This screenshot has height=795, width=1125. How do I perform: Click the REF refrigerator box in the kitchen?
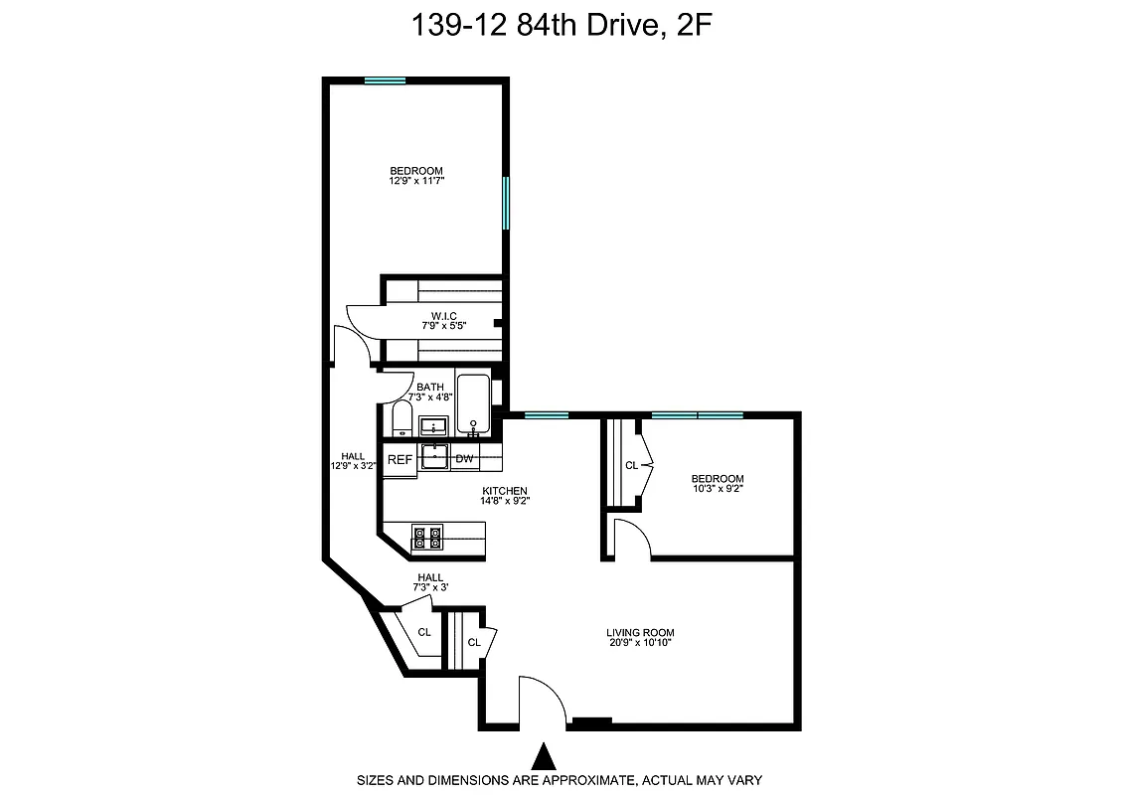pos(400,459)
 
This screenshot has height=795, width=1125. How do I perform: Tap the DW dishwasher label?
pos(464,459)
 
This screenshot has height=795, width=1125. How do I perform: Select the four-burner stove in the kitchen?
pos(427,538)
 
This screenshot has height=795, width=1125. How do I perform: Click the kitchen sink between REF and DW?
pos(434,457)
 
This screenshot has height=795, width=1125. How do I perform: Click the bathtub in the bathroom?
pos(473,403)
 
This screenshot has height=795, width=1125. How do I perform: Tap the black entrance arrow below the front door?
pos(543,756)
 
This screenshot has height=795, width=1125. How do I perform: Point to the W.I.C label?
pos(443,316)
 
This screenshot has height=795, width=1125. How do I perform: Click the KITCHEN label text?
pos(505,491)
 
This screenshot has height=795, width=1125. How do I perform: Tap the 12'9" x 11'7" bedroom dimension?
pos(416,181)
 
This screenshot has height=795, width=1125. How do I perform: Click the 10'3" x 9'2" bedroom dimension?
pos(718,488)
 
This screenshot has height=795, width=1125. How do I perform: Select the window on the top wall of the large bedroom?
pos(385,80)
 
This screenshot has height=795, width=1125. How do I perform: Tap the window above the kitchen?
pos(546,414)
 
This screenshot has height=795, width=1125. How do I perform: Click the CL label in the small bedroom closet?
pos(631,465)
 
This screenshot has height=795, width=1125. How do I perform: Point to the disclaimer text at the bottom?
pos(560,780)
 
